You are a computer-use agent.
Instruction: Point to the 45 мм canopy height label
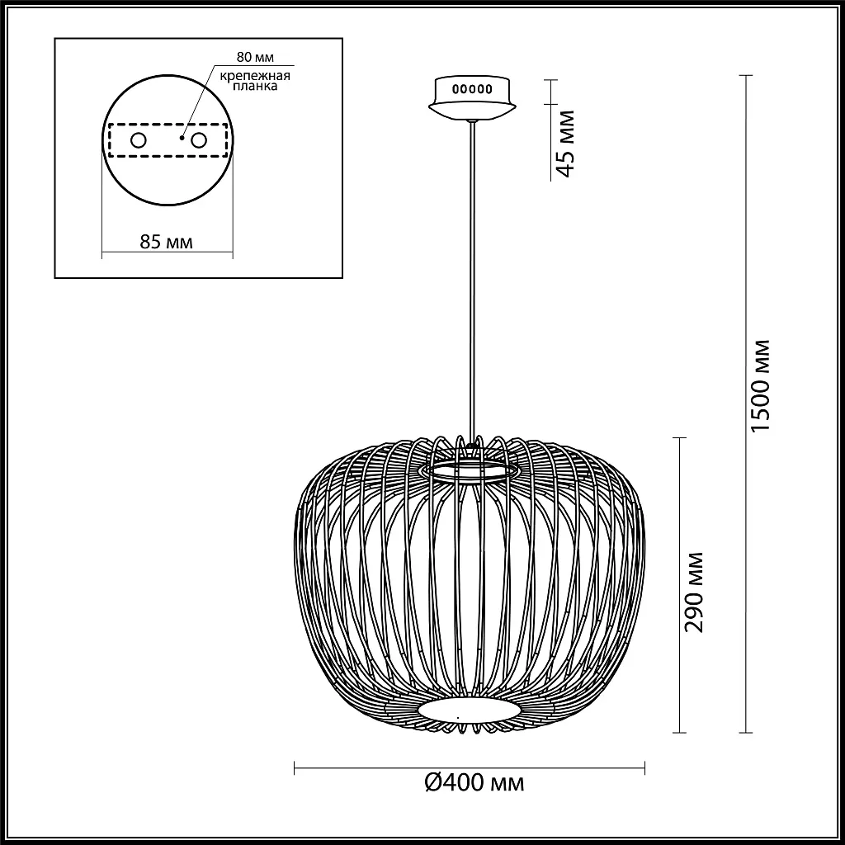click(x=564, y=142)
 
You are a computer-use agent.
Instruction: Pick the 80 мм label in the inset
click(x=253, y=58)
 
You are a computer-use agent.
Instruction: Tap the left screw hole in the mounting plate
click(x=138, y=141)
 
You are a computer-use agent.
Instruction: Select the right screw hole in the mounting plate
click(x=198, y=141)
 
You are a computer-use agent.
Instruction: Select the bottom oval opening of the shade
click(x=470, y=710)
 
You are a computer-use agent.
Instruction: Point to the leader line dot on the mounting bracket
click(x=183, y=137)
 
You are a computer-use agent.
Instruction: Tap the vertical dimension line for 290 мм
click(x=680, y=512)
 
